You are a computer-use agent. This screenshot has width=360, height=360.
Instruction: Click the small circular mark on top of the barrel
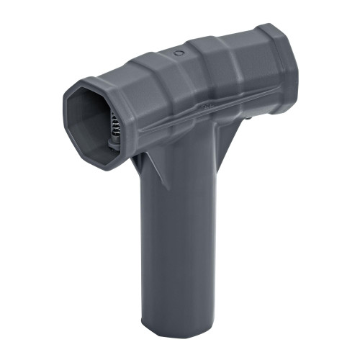point(178,53)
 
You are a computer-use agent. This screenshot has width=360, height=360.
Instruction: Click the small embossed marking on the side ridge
point(206,106)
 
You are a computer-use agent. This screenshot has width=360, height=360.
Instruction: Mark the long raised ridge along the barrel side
point(209,112)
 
